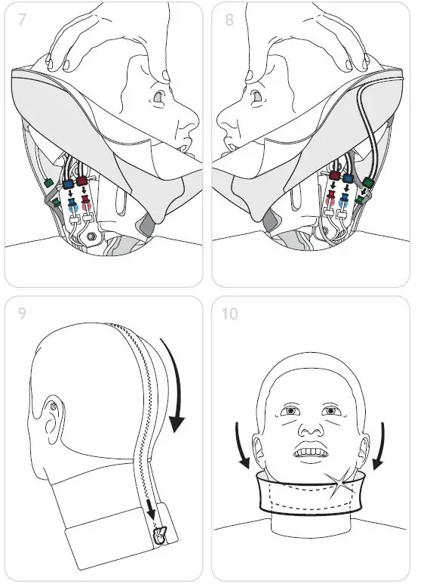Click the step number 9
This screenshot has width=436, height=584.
(x=23, y=311)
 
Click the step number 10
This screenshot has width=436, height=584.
(x=230, y=311)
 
